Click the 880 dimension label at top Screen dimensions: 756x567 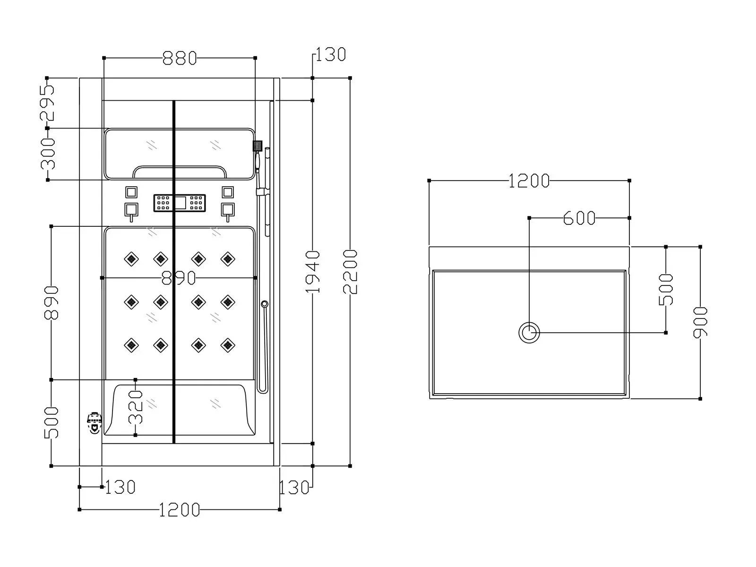click(180, 58)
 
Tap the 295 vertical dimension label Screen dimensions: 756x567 click(48, 103)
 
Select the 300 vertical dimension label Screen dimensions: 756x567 click(48, 154)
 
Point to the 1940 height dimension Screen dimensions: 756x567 click(313, 272)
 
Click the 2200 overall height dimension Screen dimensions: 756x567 click(350, 272)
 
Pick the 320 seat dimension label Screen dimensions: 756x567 click(135, 407)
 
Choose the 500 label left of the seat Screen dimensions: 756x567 click(52, 423)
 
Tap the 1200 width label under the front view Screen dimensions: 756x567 click(180, 510)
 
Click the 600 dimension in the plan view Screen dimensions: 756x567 click(579, 218)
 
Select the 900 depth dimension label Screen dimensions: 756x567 click(700, 323)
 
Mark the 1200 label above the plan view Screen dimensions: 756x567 click(529, 181)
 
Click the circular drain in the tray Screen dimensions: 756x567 click(529, 333)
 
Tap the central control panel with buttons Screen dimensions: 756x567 click(180, 203)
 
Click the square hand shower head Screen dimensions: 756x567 click(258, 146)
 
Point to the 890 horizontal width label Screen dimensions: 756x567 click(179, 278)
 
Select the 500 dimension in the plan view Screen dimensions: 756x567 click(666, 290)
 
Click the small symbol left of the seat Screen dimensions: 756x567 click(94, 423)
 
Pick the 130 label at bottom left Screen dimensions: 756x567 click(120, 488)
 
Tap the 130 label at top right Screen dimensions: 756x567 click(330, 54)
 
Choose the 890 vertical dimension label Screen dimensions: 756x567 click(52, 303)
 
